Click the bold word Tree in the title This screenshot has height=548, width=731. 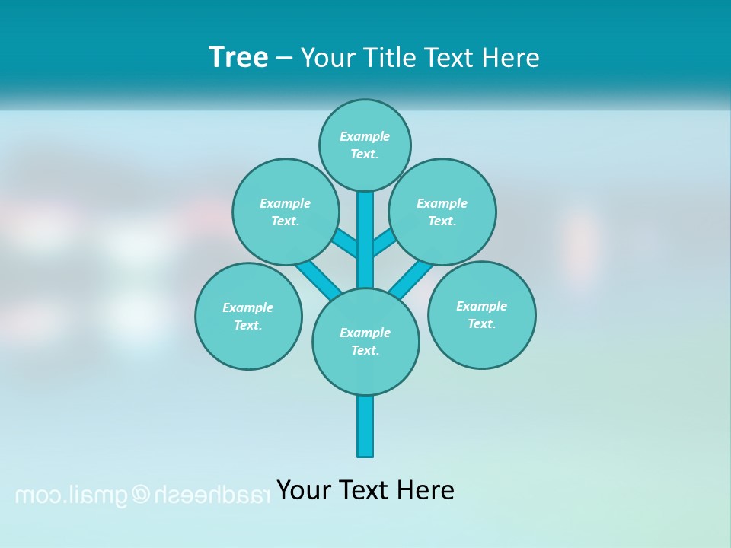238,57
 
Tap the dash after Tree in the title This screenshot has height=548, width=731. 284,58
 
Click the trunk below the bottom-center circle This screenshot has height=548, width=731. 365,425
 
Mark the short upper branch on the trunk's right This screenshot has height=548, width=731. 383,243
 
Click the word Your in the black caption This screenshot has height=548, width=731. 302,489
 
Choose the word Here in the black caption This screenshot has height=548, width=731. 427,489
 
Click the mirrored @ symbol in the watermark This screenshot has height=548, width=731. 142,495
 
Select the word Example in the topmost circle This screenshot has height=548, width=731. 365,136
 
